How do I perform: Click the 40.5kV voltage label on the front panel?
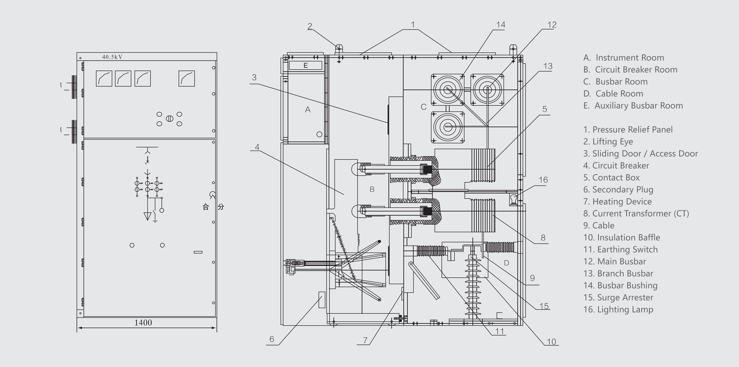pyautogui.click(x=112, y=57)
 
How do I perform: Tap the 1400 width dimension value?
pyautogui.click(x=143, y=322)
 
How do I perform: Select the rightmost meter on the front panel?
pyautogui.click(x=187, y=78)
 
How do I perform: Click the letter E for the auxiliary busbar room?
pyautogui.click(x=306, y=65)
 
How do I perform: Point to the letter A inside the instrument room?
pyautogui.click(x=308, y=109)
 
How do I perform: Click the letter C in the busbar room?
pyautogui.click(x=424, y=107)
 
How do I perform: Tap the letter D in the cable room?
pyautogui.click(x=506, y=263)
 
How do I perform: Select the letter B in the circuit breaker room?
pyautogui.click(x=372, y=189)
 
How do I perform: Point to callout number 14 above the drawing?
pyautogui.click(x=501, y=25)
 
